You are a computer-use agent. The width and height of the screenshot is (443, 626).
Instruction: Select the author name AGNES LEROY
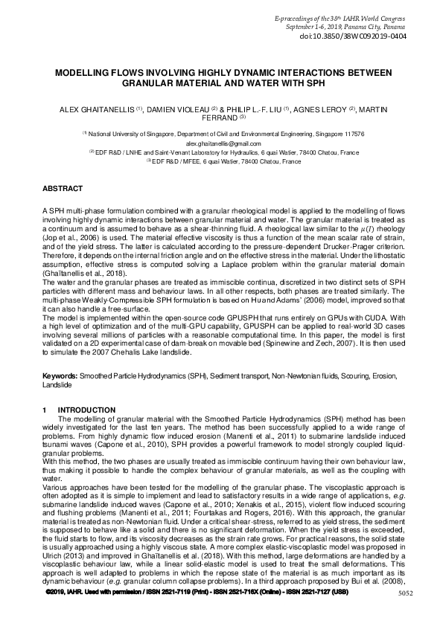(x=322, y=109)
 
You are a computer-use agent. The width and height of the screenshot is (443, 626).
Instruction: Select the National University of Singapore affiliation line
(x=223, y=134)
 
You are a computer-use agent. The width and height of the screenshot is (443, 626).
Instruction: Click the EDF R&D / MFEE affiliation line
(x=223, y=161)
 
